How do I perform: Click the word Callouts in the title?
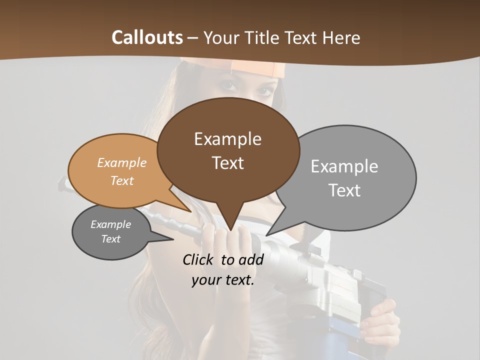click(147, 37)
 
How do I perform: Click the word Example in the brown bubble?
click(227, 138)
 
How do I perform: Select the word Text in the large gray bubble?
click(344, 190)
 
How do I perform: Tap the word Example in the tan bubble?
click(122, 163)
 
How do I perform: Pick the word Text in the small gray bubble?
click(111, 239)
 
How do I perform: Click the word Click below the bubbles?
click(198, 259)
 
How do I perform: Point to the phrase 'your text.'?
click(223, 280)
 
